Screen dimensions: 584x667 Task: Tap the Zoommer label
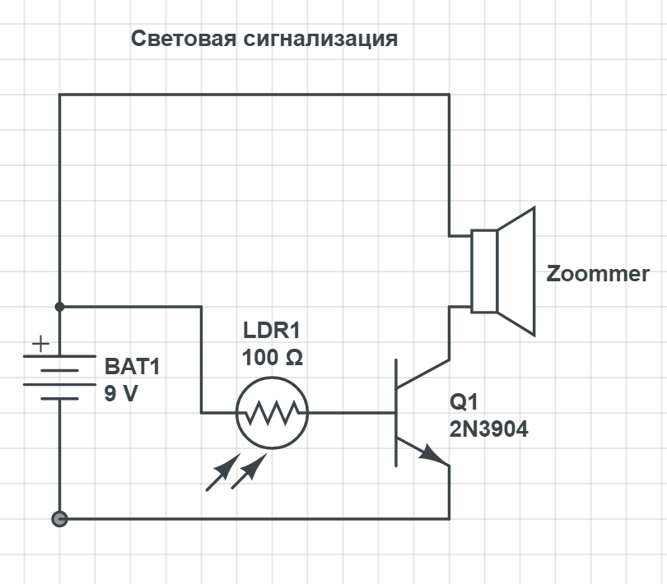tap(598, 274)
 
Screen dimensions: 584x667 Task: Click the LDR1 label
tap(272, 331)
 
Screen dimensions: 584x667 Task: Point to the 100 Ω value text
tap(272, 359)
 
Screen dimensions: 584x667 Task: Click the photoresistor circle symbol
tap(272, 413)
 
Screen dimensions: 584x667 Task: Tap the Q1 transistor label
tap(464, 403)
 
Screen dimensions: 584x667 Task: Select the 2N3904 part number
tap(488, 429)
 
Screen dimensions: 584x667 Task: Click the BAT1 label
tap(133, 366)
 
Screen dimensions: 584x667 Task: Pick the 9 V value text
tap(121, 393)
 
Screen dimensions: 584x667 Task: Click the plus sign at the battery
tap(40, 344)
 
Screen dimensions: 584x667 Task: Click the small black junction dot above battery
tap(59, 307)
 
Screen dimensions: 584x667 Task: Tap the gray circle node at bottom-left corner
tap(59, 519)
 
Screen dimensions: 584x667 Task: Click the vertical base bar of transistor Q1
tap(396, 412)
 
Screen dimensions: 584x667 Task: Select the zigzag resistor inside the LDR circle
tap(272, 413)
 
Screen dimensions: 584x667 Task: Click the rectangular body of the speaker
tap(484, 271)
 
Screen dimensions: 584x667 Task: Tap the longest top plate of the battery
tap(59, 356)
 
